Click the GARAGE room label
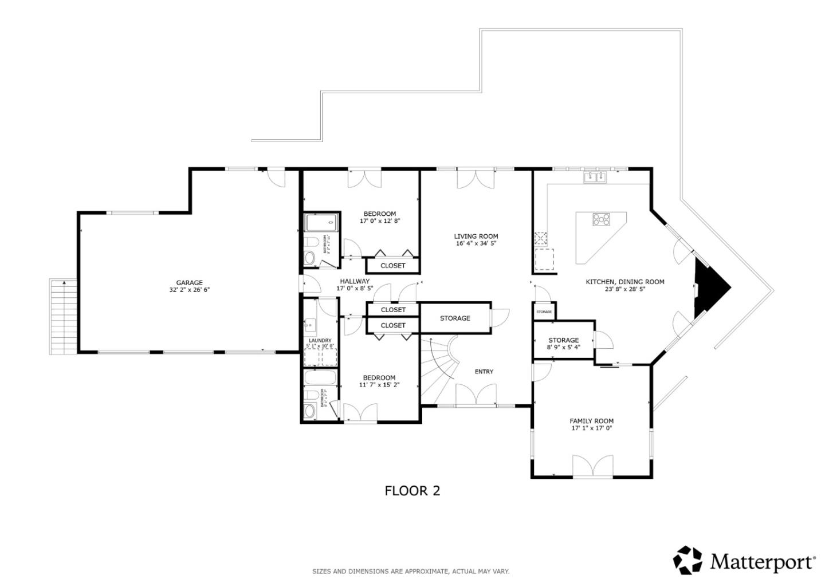pyautogui.click(x=189, y=282)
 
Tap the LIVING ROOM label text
pyautogui.click(x=476, y=236)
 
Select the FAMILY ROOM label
pyautogui.click(x=591, y=421)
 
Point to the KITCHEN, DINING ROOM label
pyautogui.click(x=624, y=282)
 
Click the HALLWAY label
pyautogui.click(x=355, y=281)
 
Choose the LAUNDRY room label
pyautogui.click(x=320, y=340)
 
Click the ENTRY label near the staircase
pyautogui.click(x=484, y=372)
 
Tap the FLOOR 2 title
pyautogui.click(x=412, y=491)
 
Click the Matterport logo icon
pyautogui.click(x=687, y=560)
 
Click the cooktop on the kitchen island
pyautogui.click(x=602, y=219)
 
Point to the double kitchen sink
pyautogui.click(x=595, y=178)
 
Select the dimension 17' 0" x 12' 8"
pyautogui.click(x=379, y=220)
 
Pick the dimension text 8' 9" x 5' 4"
pyautogui.click(x=563, y=347)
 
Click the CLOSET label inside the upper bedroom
pyautogui.click(x=393, y=266)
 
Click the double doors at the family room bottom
pyautogui.click(x=592, y=467)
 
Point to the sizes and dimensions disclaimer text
pyautogui.click(x=410, y=571)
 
